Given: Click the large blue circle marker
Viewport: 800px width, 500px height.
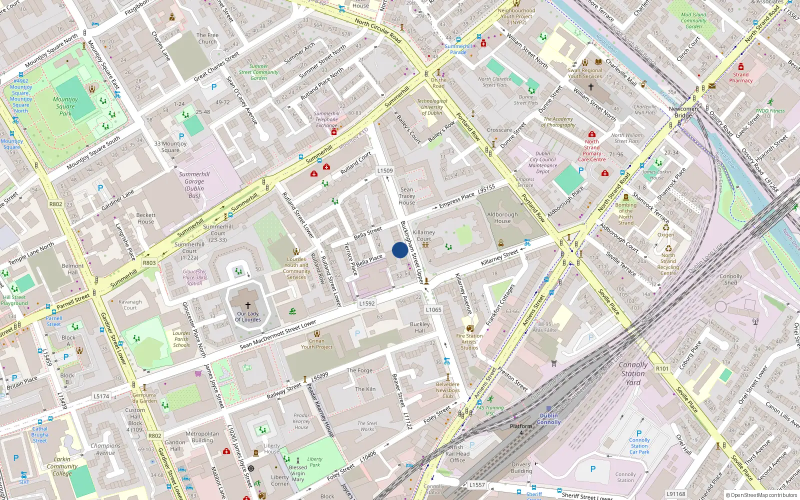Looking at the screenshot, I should [399, 250].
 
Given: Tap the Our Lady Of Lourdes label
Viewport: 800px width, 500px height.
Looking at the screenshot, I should [248, 316].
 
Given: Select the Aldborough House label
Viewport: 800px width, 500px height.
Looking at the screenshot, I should [502, 217].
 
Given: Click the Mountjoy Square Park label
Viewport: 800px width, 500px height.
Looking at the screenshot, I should [65, 106].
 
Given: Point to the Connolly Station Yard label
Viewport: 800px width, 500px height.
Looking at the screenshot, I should [633, 373].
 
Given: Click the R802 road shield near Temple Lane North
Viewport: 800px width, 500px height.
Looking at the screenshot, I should [55, 204].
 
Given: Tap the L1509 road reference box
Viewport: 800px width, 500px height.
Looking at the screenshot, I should [385, 170].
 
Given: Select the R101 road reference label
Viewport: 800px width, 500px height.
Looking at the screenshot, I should [662, 368].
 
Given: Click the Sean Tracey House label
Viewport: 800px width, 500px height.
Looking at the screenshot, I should [406, 196].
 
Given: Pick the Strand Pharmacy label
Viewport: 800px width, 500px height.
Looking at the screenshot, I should [740, 77].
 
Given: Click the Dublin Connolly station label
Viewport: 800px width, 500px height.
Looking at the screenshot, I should [548, 419].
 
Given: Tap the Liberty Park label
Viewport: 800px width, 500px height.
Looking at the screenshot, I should [314, 461].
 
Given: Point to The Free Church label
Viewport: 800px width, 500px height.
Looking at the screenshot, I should [207, 38].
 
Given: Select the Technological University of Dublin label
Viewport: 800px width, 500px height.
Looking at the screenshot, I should [432, 107].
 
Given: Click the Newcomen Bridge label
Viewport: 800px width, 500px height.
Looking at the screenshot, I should [683, 112].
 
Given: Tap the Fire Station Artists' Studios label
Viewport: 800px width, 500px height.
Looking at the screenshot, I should [469, 342].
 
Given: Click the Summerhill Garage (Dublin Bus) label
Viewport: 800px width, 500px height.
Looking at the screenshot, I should [194, 185].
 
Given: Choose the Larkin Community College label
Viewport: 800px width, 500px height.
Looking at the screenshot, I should [62, 466].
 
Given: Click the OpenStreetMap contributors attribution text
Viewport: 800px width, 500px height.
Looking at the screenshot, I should [761, 495].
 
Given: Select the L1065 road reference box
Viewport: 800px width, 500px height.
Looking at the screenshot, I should [433, 309].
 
